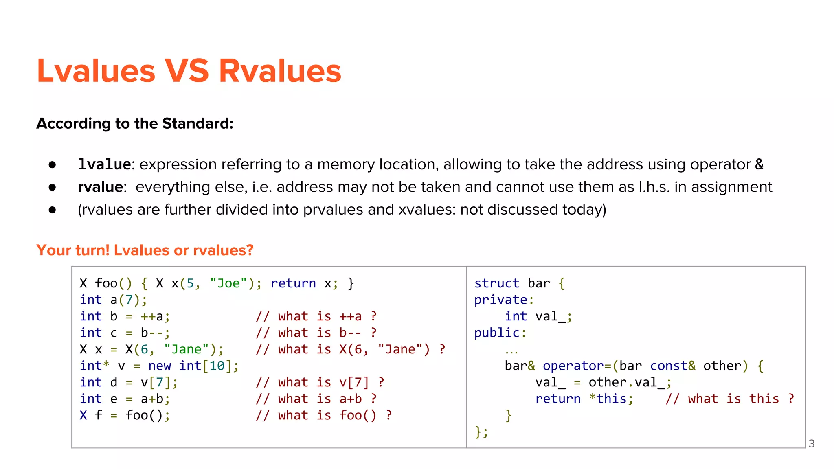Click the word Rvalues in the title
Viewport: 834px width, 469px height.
pyautogui.click(x=280, y=71)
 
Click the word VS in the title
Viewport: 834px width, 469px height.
pyautogui.click(x=187, y=71)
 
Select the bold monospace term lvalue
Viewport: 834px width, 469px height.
pyautogui.click(x=104, y=164)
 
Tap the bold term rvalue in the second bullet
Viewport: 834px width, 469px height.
pyautogui.click(x=100, y=187)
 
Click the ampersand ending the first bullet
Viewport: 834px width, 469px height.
pyautogui.click(x=759, y=164)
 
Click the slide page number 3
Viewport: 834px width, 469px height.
pyautogui.click(x=811, y=443)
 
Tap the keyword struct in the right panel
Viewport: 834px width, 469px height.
pyautogui.click(x=496, y=283)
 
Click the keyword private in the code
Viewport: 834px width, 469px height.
pyautogui.click(x=501, y=300)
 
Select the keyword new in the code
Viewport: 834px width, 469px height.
pyautogui.click(x=160, y=366)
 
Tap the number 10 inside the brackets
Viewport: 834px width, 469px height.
pyautogui.click(x=217, y=366)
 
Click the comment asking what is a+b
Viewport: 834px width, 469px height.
pyautogui.click(x=316, y=399)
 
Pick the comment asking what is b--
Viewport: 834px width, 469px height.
pyautogui.click(x=316, y=333)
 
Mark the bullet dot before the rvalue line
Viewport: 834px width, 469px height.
pyautogui.click(x=52, y=187)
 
